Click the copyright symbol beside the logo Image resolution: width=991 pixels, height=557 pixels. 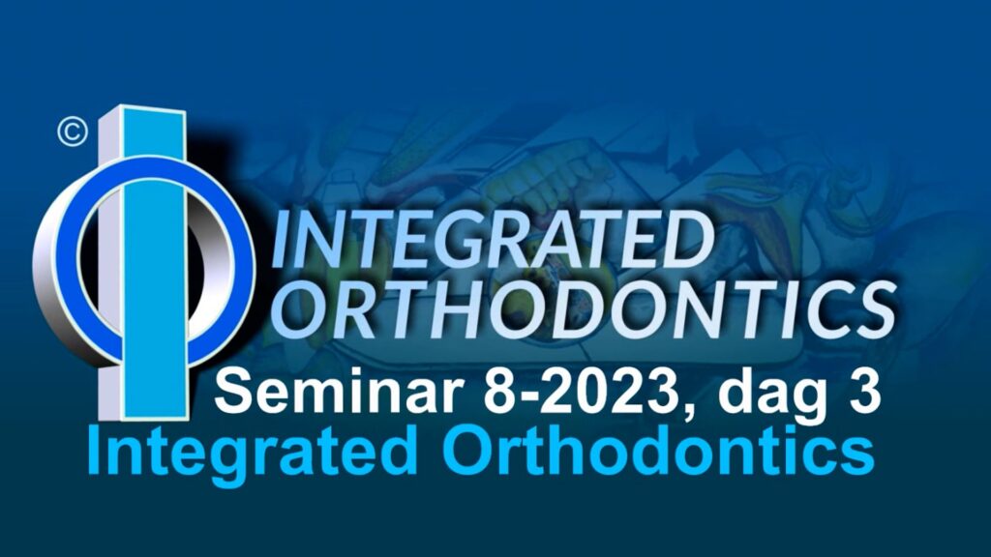click(x=72, y=132)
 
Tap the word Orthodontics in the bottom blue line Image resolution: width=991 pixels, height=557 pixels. click(x=658, y=451)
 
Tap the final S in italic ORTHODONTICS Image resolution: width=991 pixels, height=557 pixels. click(x=872, y=310)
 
